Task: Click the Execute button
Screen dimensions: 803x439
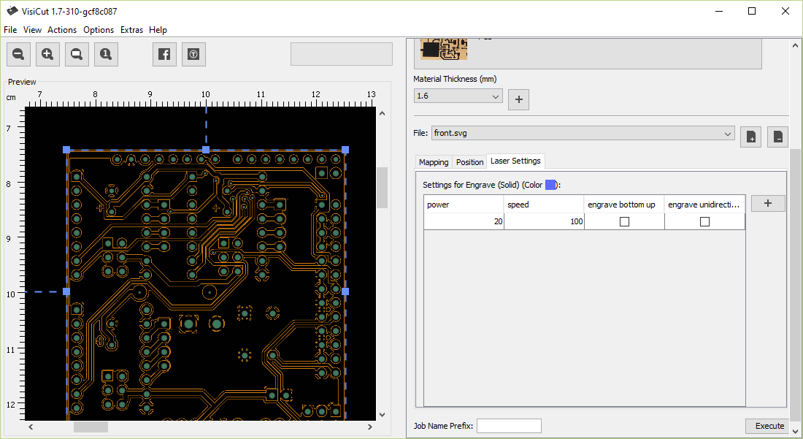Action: pos(769,426)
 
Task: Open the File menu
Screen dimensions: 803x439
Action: pos(10,30)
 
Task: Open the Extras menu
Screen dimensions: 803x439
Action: pos(131,30)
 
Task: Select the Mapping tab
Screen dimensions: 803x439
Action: pos(433,162)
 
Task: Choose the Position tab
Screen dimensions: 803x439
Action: pos(469,162)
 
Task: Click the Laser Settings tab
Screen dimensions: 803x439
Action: pos(515,161)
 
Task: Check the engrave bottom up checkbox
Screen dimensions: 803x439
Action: pos(624,221)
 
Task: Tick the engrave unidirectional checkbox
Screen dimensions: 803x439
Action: pos(704,221)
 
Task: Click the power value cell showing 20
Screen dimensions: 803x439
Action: pos(464,221)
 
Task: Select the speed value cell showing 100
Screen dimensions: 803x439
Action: pos(544,221)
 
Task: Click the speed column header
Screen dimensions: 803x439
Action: pos(544,205)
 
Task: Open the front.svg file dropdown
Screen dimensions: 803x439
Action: pos(583,133)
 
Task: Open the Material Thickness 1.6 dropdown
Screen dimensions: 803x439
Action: pos(458,96)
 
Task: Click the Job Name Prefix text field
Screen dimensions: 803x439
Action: pos(509,426)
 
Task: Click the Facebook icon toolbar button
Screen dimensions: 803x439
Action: pos(164,54)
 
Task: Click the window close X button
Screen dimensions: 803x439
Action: pos(785,11)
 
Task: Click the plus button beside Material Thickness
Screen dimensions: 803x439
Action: pos(518,99)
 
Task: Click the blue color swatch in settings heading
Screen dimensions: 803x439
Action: pos(550,185)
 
